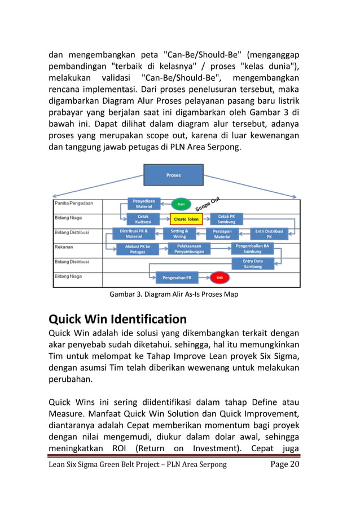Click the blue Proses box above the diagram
tap(173, 175)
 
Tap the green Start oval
tap(181, 204)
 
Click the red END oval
tap(219, 277)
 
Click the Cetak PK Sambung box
tap(226, 219)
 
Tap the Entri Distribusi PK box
tap(269, 234)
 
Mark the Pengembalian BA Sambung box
tap(252, 249)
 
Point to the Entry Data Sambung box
tap(252, 263)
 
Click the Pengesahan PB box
tap(176, 277)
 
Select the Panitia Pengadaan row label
tap(74, 202)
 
